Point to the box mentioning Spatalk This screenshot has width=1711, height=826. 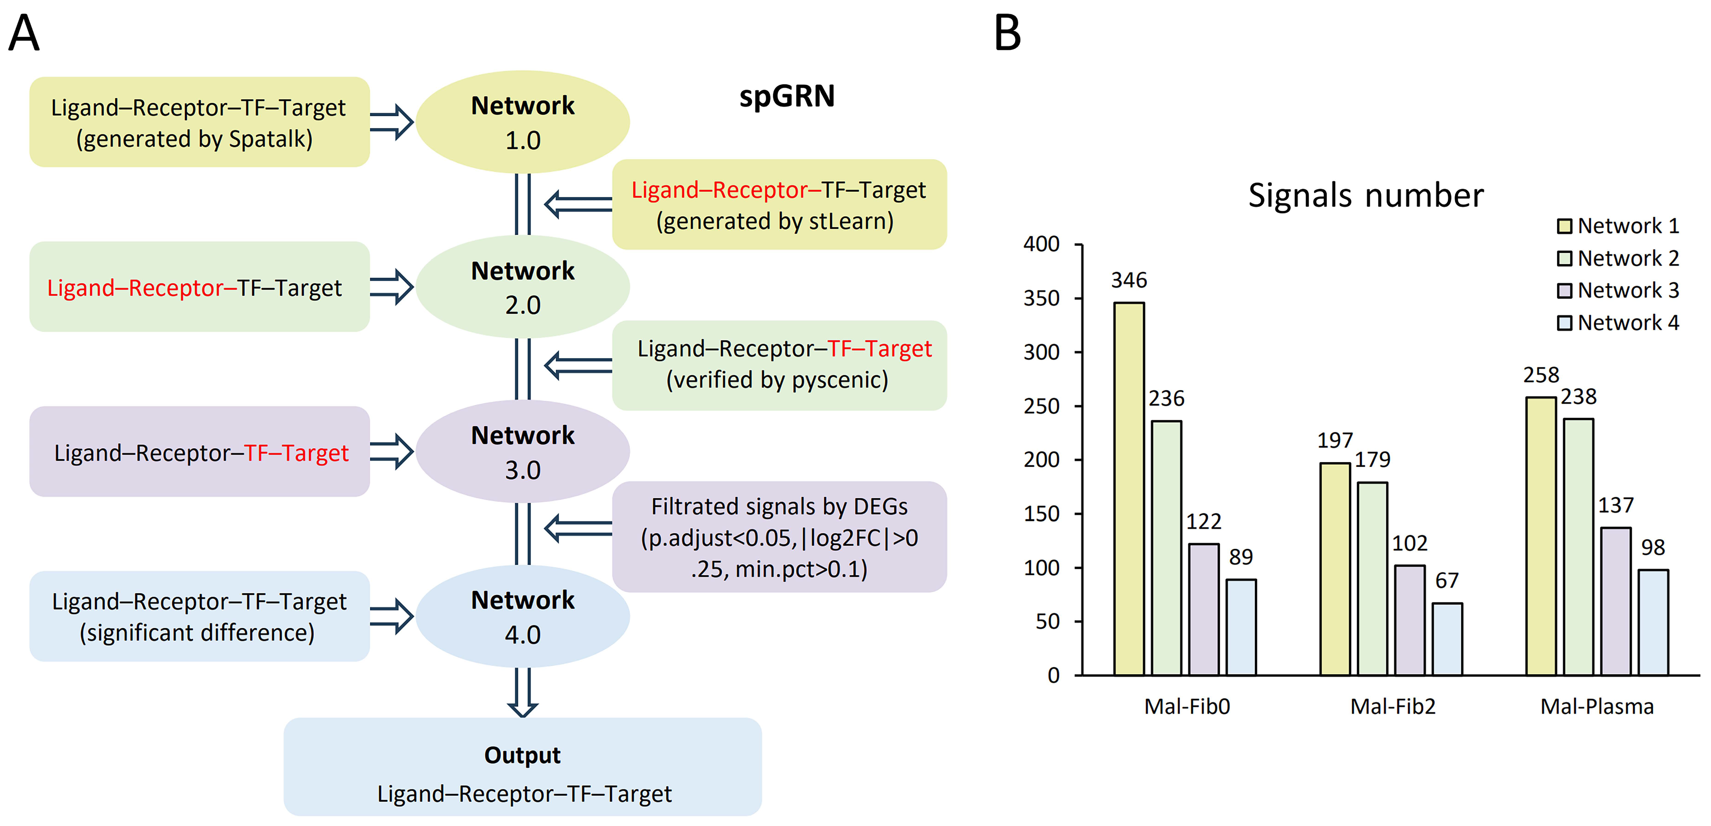tap(199, 122)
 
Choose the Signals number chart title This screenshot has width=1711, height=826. tap(1366, 195)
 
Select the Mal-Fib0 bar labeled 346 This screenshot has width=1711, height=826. tap(1128, 488)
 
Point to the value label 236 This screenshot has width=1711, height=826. tap(1166, 398)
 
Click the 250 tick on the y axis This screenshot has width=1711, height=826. tap(1042, 406)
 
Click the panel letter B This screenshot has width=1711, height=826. tap(1007, 33)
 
